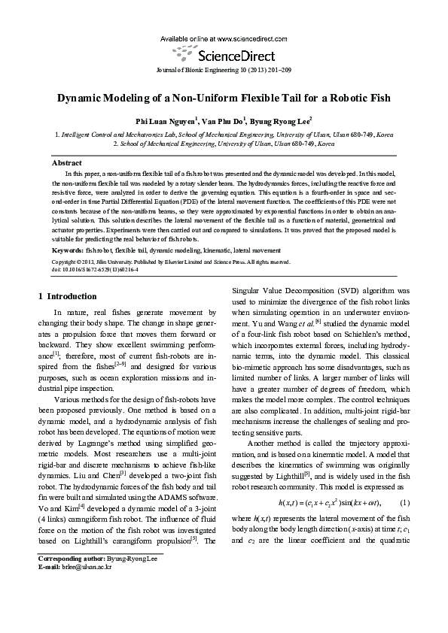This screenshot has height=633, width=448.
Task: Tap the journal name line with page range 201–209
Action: (224, 70)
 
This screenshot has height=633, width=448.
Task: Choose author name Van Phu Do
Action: (223, 121)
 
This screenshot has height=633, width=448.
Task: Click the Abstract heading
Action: (66, 162)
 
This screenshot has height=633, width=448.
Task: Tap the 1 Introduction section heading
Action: (67, 296)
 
